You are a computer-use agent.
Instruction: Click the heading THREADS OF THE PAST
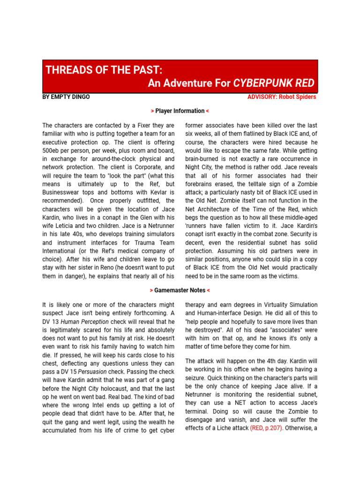[x=104, y=70]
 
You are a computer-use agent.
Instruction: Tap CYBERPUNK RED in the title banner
[x=274, y=83]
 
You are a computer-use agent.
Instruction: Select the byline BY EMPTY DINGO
[x=66, y=97]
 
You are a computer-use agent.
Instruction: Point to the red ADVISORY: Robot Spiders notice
[x=282, y=97]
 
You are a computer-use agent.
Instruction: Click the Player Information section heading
[x=180, y=111]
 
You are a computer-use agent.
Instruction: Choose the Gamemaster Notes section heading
[x=180, y=291]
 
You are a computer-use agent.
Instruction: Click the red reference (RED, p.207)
[x=266, y=428]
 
